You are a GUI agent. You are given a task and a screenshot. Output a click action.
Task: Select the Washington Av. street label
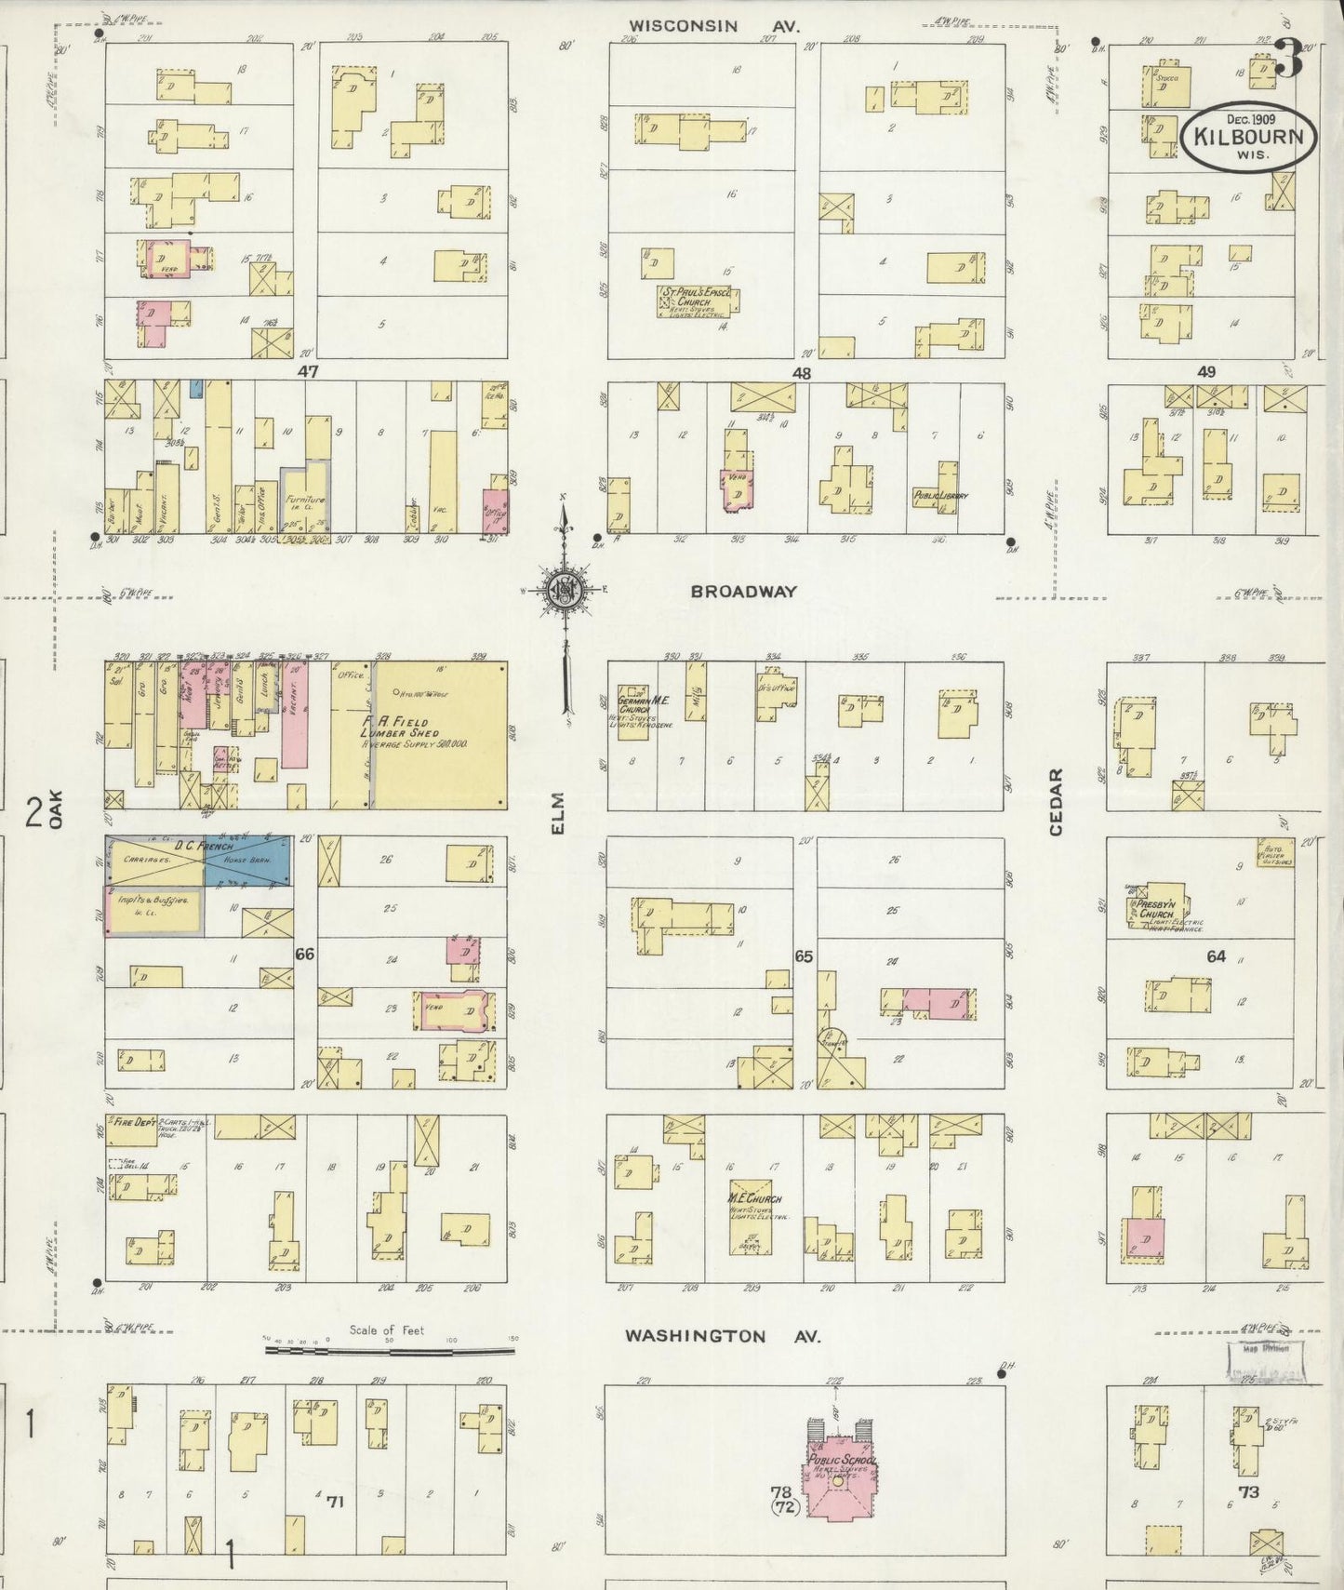point(722,1336)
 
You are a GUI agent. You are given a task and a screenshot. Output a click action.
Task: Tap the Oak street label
point(56,808)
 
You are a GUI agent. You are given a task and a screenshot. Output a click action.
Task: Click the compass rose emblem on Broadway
point(563,589)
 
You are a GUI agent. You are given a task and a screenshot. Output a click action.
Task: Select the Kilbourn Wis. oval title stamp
point(1249,137)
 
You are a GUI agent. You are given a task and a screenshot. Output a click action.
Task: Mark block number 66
point(305,954)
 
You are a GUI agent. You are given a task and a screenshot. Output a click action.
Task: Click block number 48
point(802,373)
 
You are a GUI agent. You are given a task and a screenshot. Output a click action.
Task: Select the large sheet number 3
point(1288,59)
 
